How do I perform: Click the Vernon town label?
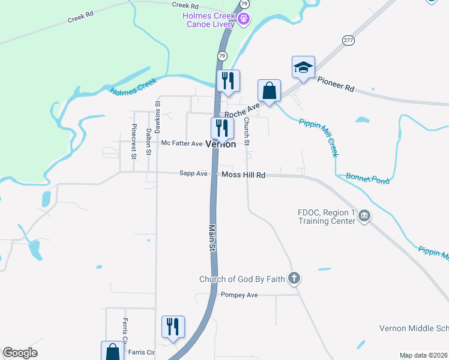[x=220, y=145]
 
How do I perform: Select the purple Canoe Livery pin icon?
[x=244, y=19]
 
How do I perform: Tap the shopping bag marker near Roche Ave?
[x=270, y=91]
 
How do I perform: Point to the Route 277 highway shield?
[x=349, y=40]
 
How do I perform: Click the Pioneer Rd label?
[x=336, y=83]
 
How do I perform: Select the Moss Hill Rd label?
[x=243, y=175]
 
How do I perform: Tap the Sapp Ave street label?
[x=193, y=173]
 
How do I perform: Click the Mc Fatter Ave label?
[x=182, y=143]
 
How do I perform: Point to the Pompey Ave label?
[x=239, y=295]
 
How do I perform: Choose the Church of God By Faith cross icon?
[x=294, y=278]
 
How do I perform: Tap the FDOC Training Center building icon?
[x=364, y=216]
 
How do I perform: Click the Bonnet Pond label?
[x=368, y=178]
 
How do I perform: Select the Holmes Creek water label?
[x=133, y=86]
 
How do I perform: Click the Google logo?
[x=20, y=353]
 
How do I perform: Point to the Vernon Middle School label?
[x=414, y=328]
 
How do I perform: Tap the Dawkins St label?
[x=158, y=116]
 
